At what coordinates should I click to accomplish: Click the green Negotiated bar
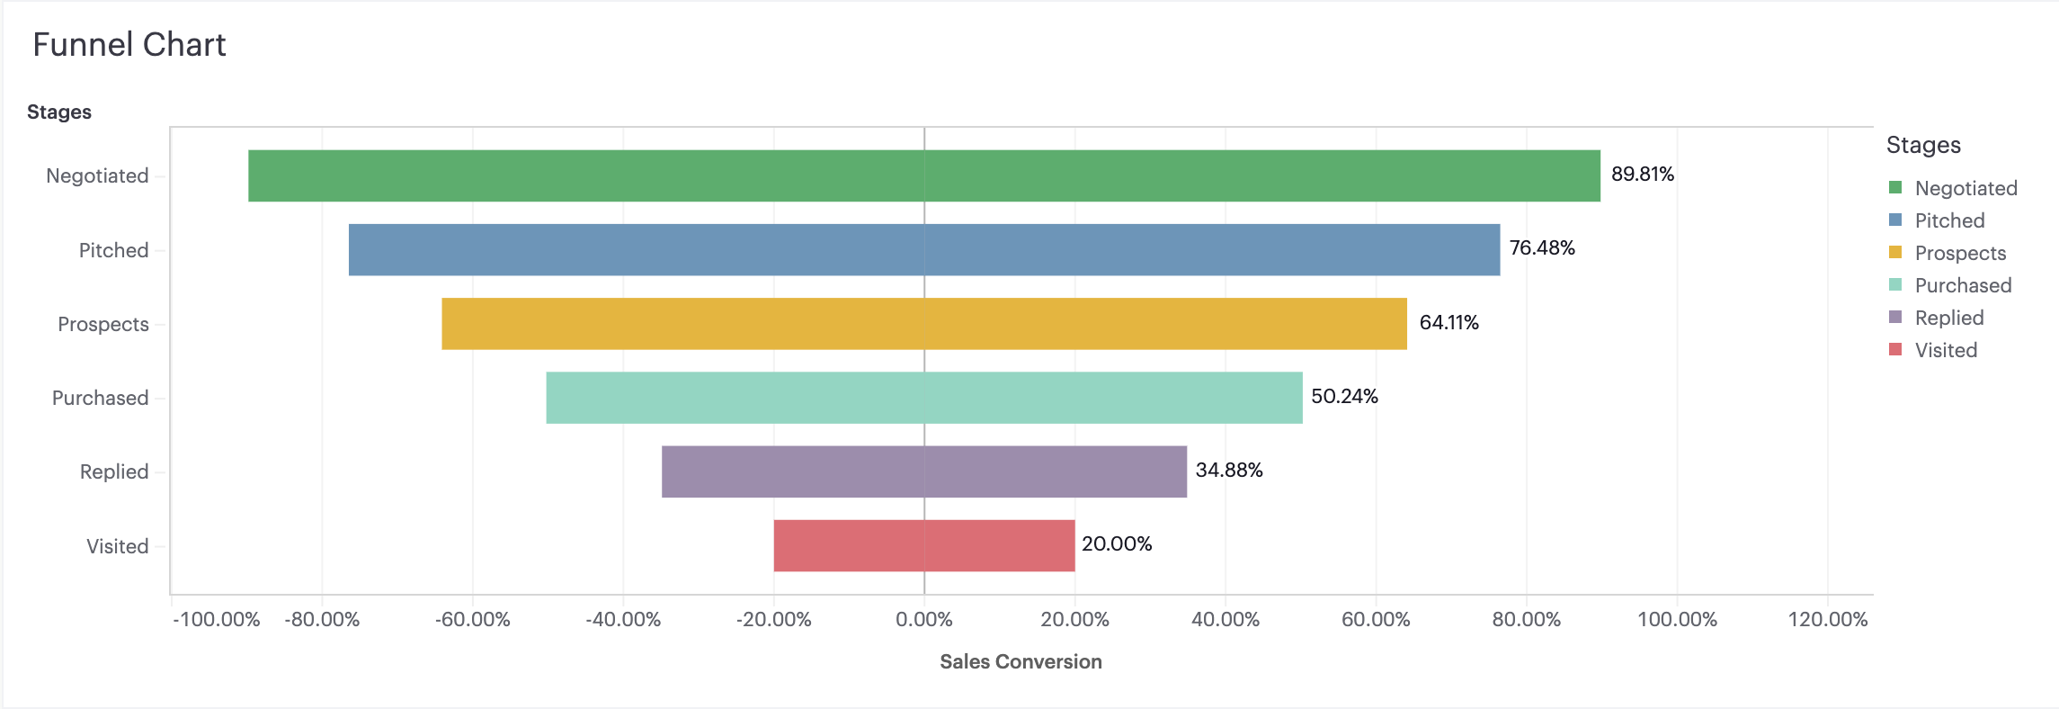(x=924, y=175)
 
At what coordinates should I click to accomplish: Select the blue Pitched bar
(x=924, y=249)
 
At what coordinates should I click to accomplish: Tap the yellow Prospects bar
(x=924, y=324)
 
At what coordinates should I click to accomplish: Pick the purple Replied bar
(x=924, y=471)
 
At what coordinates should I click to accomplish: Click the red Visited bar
(x=924, y=545)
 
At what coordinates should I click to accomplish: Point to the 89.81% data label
(x=1642, y=175)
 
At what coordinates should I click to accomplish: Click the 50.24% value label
(x=1344, y=397)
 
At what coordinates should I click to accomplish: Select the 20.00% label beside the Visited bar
(x=1117, y=544)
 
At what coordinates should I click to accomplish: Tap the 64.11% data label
(x=1448, y=323)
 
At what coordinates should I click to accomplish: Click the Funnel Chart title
(x=129, y=45)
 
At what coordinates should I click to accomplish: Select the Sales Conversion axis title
(x=1021, y=662)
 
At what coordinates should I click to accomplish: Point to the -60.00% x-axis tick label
(x=473, y=620)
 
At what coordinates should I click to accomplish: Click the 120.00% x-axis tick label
(x=1827, y=620)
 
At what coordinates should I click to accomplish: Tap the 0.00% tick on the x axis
(x=924, y=620)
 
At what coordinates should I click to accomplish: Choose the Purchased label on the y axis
(x=100, y=399)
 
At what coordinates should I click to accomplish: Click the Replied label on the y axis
(x=114, y=472)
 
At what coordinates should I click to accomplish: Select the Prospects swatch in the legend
(x=1895, y=253)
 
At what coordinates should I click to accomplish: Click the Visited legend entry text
(x=1946, y=351)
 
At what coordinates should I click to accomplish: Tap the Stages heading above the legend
(x=1923, y=146)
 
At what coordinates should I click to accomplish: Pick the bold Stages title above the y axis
(x=59, y=112)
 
